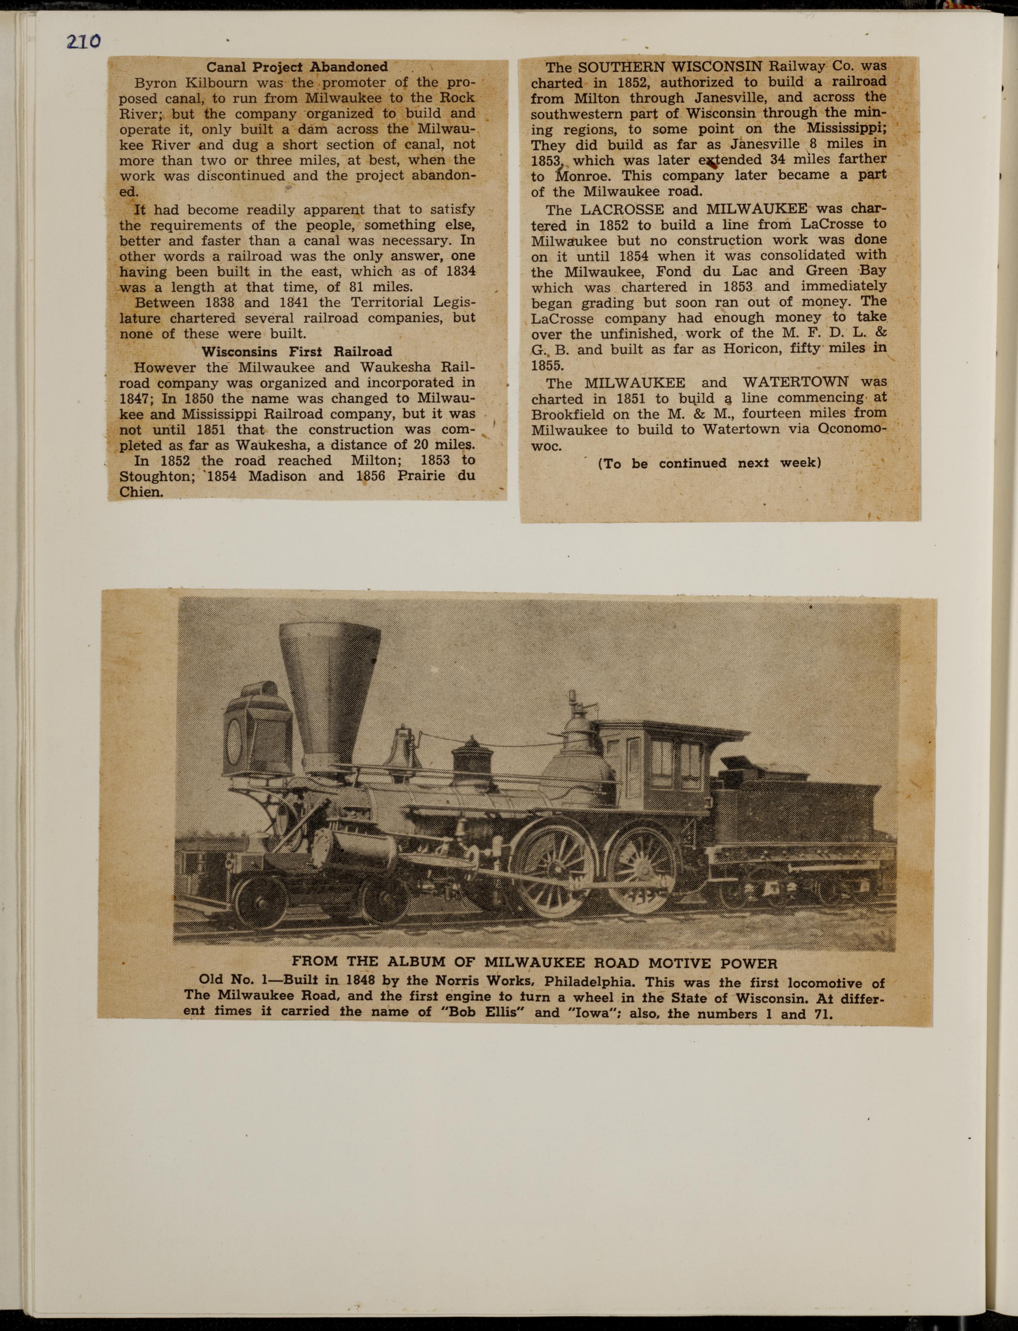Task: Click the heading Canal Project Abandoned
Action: click(297, 67)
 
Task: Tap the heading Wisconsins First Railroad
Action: click(296, 351)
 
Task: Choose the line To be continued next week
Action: click(709, 463)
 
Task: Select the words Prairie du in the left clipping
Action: click(435, 476)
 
